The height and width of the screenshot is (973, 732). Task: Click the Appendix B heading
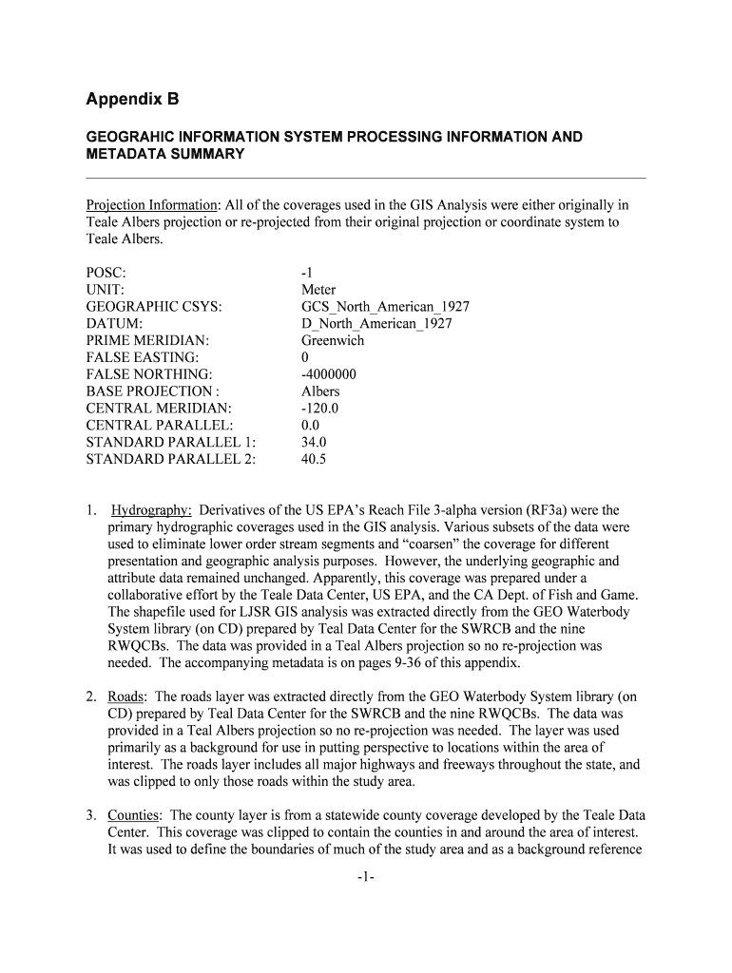point(132,99)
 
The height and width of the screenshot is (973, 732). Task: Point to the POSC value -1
point(307,273)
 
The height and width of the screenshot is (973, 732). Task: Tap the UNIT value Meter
point(318,290)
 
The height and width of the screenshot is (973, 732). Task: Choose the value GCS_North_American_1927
point(385,307)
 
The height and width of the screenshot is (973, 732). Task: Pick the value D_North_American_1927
point(376,324)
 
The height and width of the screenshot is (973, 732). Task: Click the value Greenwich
point(333,340)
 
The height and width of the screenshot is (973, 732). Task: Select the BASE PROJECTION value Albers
point(320,391)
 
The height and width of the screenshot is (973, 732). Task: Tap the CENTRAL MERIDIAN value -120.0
point(319,409)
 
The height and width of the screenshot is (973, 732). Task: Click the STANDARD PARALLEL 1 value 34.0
point(314,442)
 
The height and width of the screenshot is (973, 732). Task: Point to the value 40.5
point(314,459)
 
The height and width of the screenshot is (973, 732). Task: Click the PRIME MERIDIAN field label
point(147,340)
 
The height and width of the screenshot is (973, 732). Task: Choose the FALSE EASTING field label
point(143,357)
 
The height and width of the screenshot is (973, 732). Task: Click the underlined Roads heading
point(126,696)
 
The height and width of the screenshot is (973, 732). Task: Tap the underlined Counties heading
point(134,815)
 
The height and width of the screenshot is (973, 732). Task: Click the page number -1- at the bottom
point(366,877)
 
